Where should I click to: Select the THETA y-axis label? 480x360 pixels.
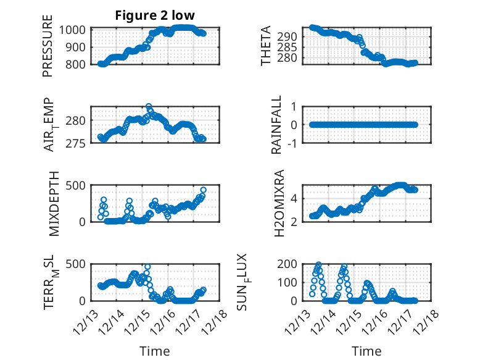[x=266, y=46]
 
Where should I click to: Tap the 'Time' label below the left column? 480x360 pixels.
[x=154, y=351]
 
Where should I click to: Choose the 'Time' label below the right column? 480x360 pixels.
[x=366, y=351]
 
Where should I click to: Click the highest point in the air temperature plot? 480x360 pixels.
[x=149, y=107]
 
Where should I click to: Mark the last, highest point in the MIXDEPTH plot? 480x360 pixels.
[x=203, y=190]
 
